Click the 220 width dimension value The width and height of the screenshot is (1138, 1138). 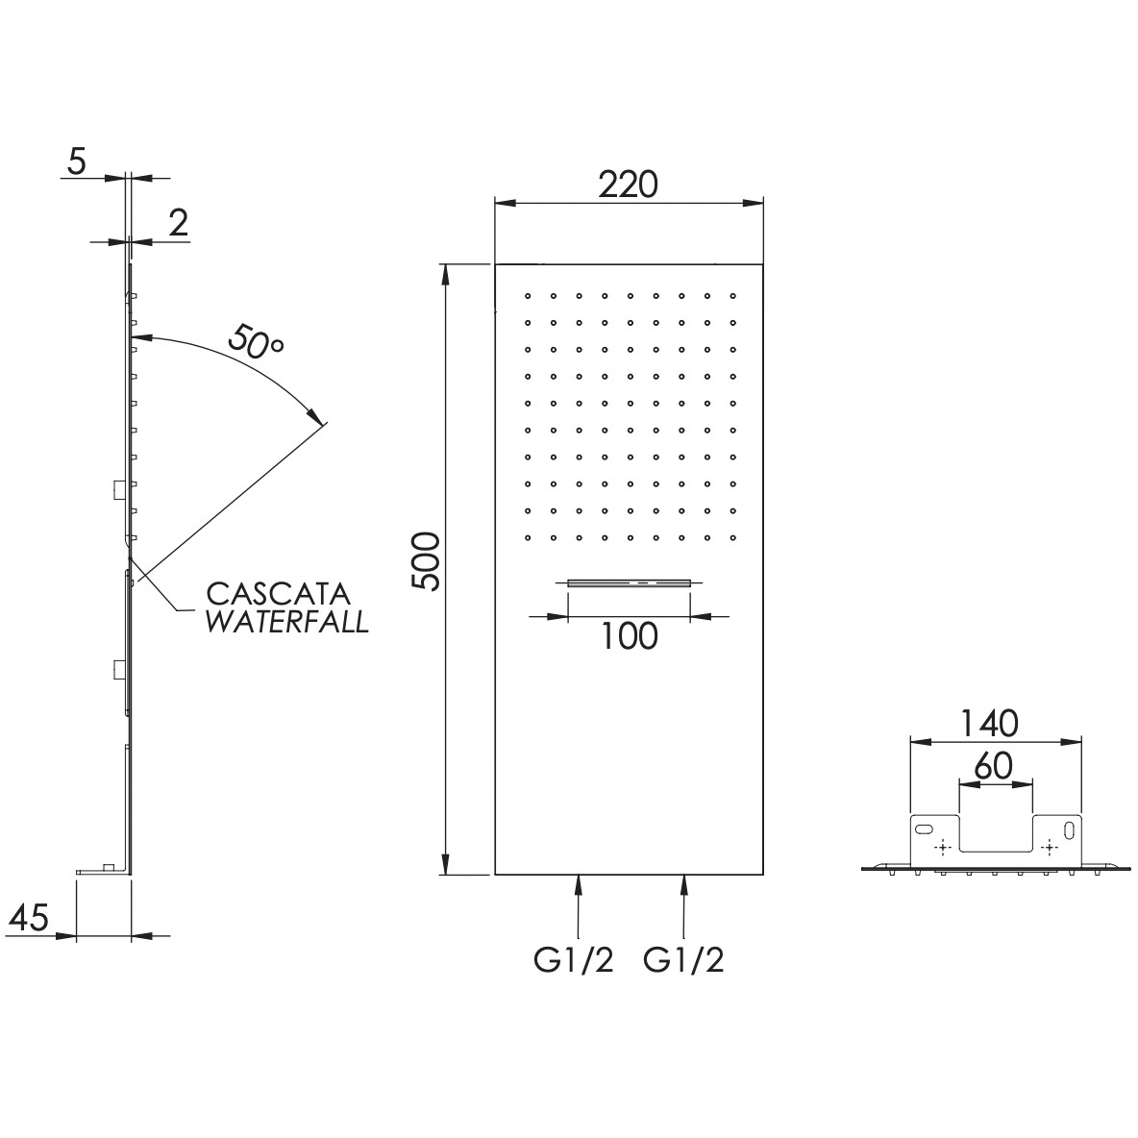tap(628, 184)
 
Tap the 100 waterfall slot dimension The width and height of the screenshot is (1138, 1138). tap(630, 635)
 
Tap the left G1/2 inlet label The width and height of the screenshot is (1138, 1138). tap(574, 959)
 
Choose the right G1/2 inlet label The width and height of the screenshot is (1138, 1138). tap(684, 959)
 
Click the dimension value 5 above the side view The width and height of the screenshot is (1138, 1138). tap(76, 161)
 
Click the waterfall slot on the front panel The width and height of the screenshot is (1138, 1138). tap(630, 582)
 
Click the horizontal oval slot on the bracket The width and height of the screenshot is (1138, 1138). tap(925, 829)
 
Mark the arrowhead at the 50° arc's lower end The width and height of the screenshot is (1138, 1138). tap(318, 416)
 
